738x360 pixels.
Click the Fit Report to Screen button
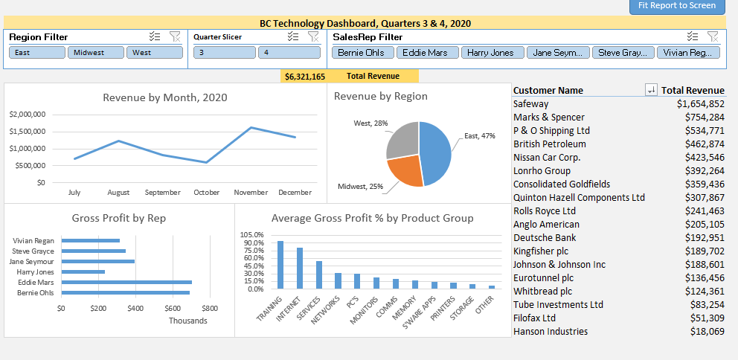[677, 6]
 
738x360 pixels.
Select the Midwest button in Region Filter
[95, 53]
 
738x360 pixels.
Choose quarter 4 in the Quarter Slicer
[289, 53]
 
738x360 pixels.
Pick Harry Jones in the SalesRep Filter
[491, 53]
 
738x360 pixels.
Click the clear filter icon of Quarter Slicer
[313, 36]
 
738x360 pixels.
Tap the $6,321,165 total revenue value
[305, 77]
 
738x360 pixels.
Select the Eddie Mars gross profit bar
[126, 283]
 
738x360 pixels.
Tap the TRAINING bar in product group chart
[280, 264]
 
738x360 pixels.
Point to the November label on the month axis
[251, 193]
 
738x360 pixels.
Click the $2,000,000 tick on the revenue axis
[28, 115]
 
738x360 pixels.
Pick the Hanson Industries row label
[551, 332]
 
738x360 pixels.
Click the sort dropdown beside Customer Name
[651, 90]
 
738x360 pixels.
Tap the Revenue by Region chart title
[381, 96]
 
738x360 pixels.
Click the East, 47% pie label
[480, 136]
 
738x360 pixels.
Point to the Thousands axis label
[187, 321]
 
